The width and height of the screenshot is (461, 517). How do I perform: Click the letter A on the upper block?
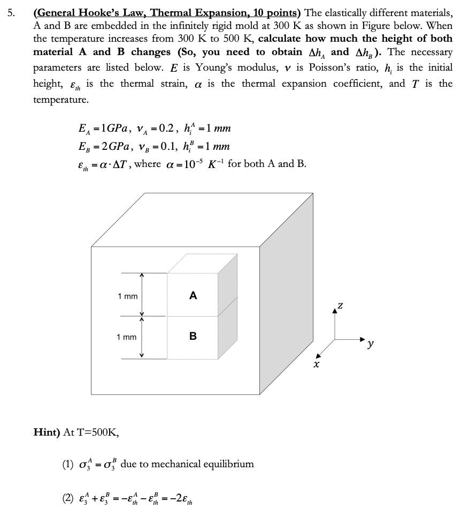point(193,295)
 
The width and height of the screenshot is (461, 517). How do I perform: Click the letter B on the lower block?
point(193,336)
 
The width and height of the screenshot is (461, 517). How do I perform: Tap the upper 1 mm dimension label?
point(127,296)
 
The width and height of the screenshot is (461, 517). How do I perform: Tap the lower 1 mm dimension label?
point(127,337)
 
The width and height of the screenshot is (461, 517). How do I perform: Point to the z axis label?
point(340,305)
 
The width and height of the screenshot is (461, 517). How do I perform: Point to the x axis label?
point(317,364)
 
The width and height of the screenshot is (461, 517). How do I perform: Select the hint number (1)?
point(68,464)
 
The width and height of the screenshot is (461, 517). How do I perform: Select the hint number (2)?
point(68,498)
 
